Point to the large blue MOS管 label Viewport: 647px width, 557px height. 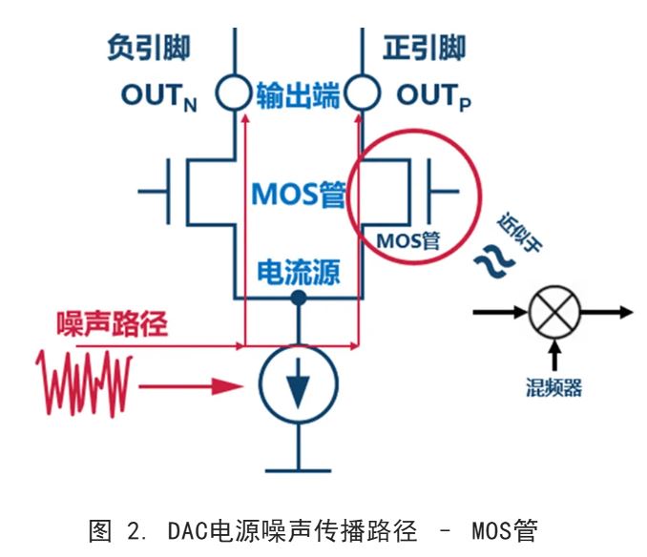297,194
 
